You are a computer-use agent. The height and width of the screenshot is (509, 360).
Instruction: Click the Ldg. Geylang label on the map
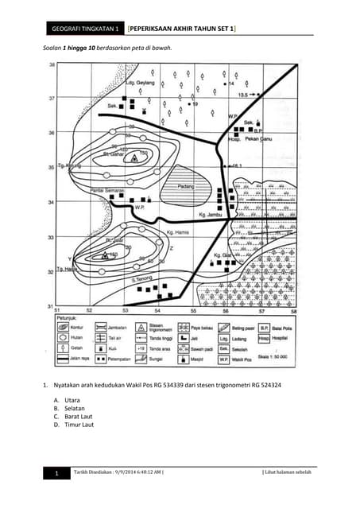coord(140,82)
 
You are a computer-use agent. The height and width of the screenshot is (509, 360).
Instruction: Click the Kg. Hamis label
coord(179,232)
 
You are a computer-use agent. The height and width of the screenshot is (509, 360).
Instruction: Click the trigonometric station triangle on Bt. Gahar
coord(134,157)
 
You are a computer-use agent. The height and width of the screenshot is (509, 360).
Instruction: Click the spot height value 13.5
coord(244,95)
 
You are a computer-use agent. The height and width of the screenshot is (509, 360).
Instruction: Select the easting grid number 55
coord(192,310)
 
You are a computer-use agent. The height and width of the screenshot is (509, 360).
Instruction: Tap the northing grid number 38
coord(52,64)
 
